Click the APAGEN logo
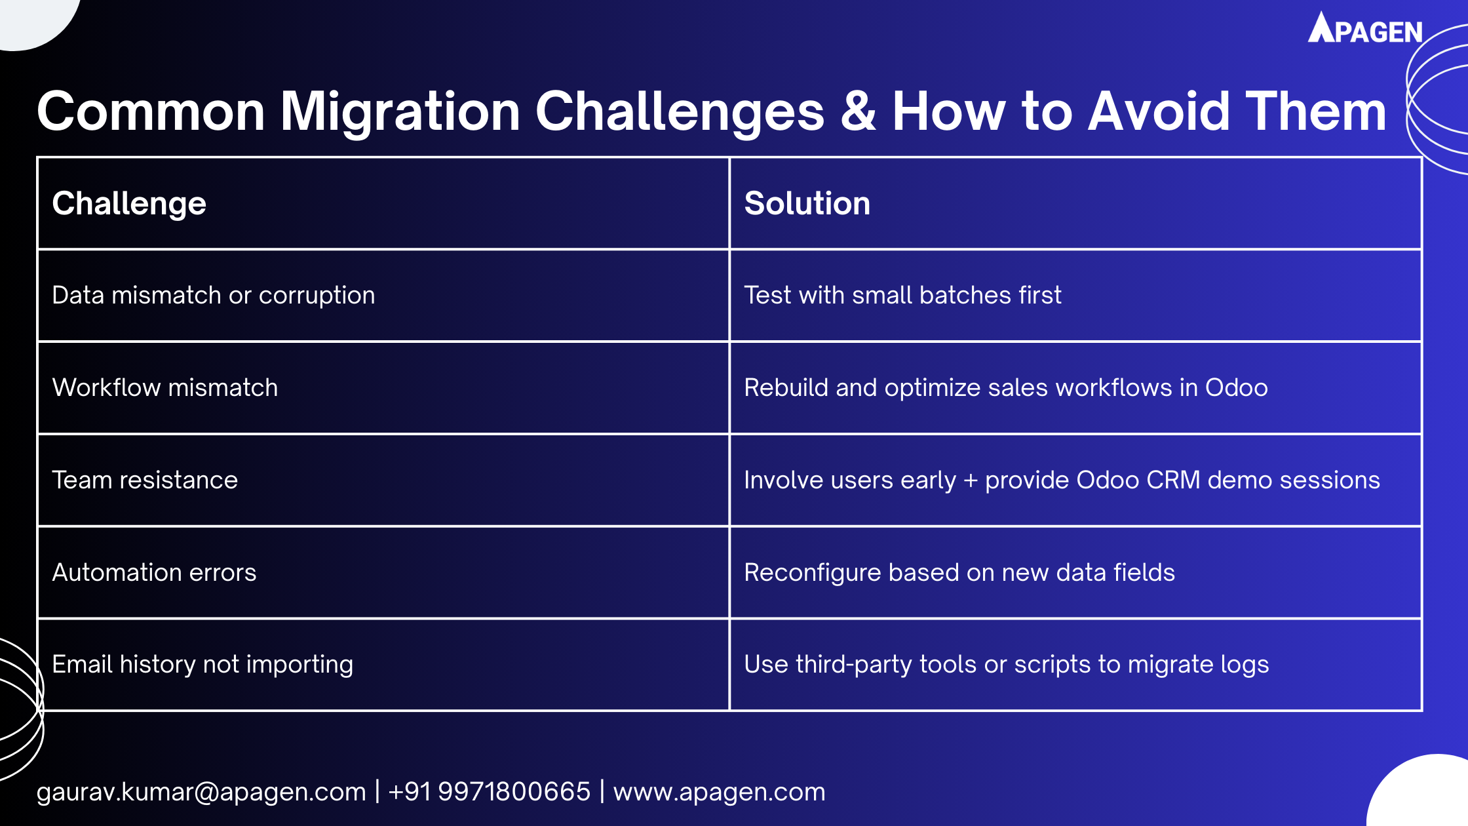[1365, 29]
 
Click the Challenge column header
[129, 203]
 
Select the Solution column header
[807, 203]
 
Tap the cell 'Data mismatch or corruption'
[213, 296]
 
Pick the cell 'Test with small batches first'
[902, 296]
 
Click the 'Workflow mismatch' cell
[164, 388]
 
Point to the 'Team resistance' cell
[144, 481]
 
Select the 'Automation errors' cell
[154, 573]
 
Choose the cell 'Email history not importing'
[202, 665]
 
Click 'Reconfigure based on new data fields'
[959, 573]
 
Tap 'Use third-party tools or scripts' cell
[1006, 665]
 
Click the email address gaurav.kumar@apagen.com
[201, 792]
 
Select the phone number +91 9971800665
[489, 792]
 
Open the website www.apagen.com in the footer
[719, 792]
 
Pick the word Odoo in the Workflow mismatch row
[1236, 388]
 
